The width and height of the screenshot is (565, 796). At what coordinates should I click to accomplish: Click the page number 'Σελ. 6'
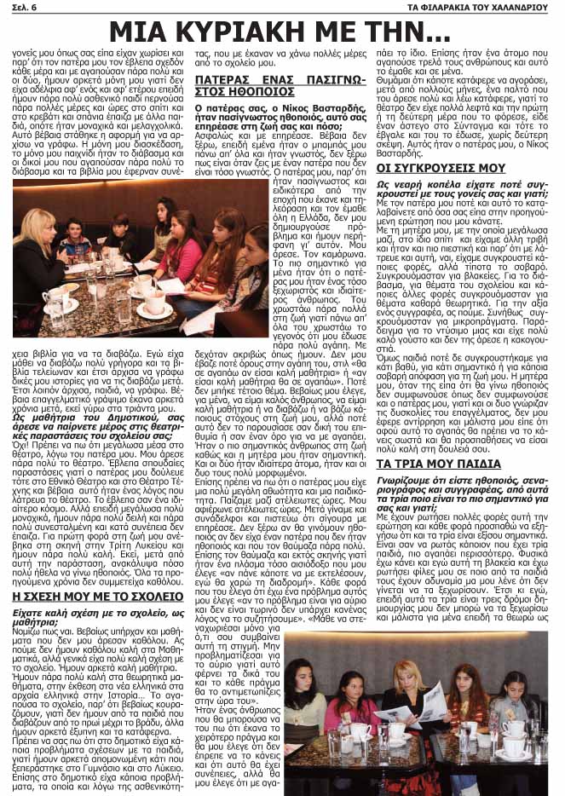(x=25, y=8)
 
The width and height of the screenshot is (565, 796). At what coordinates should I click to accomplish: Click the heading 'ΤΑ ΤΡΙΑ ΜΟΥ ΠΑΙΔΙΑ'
(x=438, y=464)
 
